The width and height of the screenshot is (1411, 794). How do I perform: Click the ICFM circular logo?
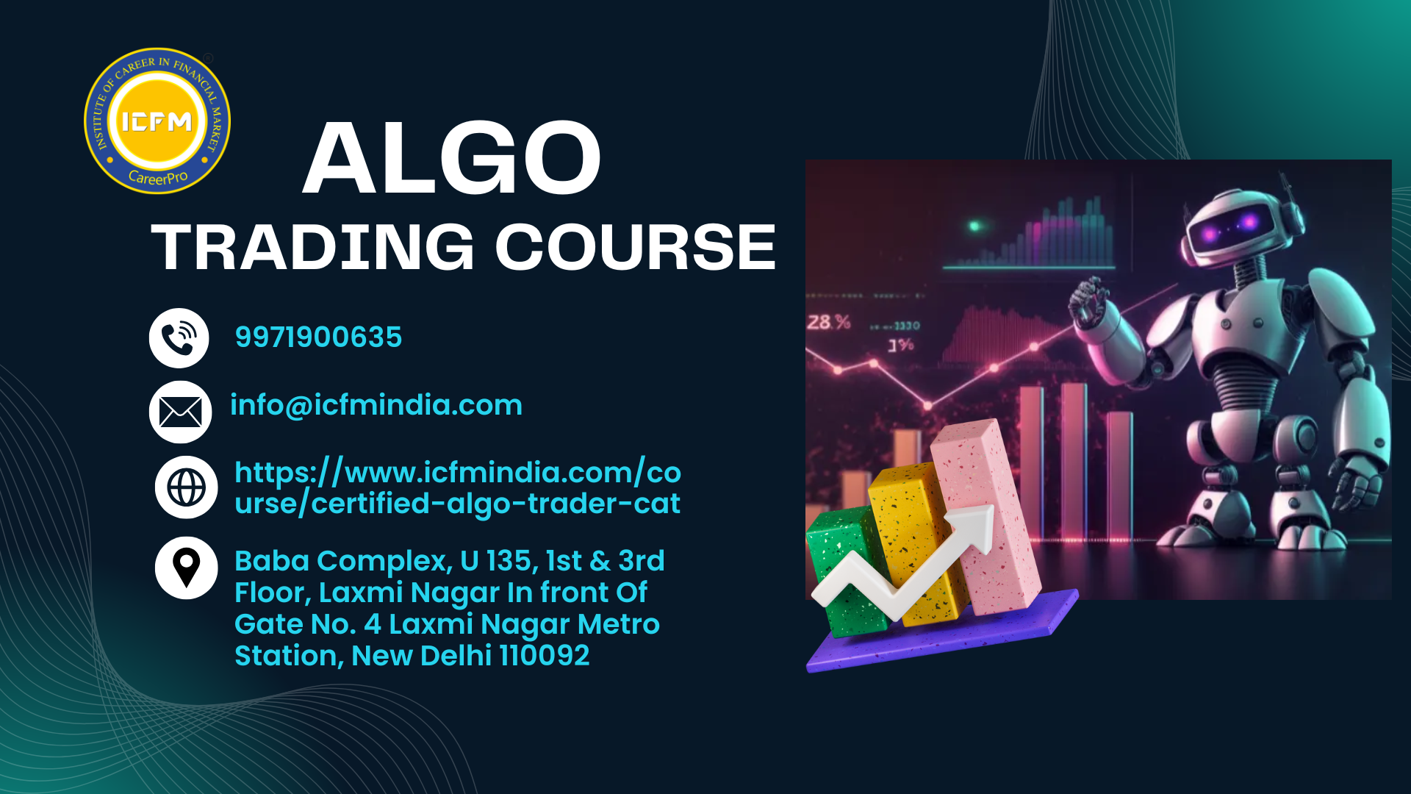[157, 121]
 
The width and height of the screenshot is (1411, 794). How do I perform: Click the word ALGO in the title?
[452, 158]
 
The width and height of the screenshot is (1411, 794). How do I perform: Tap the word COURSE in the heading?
[636, 247]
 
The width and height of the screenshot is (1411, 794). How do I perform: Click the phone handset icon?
[179, 338]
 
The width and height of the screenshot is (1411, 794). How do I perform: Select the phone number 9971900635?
[318, 337]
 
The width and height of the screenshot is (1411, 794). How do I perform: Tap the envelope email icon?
[180, 412]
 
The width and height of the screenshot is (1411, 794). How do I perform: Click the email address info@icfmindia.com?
[376, 405]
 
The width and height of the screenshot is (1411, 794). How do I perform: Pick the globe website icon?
[186, 487]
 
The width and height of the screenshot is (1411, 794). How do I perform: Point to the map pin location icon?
[186, 568]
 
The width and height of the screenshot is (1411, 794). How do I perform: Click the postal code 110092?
[545, 656]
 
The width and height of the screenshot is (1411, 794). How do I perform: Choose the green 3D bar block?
[845, 570]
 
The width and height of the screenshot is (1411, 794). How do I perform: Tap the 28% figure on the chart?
[829, 322]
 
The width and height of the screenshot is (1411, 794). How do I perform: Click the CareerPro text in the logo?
[158, 178]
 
